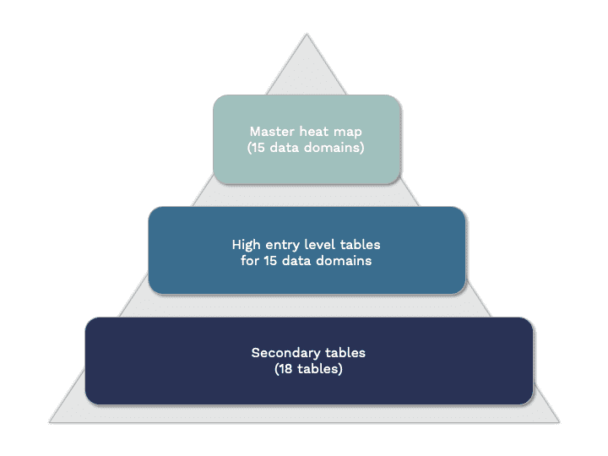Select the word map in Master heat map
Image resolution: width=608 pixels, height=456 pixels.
(346, 132)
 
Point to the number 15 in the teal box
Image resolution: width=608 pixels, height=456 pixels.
(260, 148)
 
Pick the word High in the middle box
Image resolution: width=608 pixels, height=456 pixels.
(247, 244)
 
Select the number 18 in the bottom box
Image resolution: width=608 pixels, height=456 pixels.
(285, 369)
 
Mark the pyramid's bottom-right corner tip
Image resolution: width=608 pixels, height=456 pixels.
(559, 421)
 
